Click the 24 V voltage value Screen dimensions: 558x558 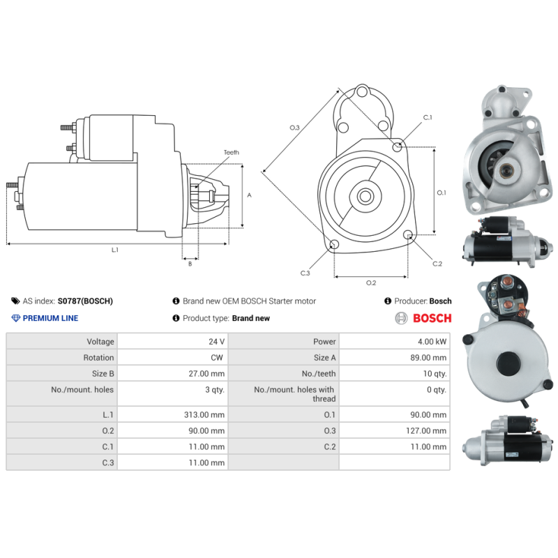click(217, 342)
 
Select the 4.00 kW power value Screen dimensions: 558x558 click(432, 342)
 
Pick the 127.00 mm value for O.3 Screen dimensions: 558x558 click(427, 431)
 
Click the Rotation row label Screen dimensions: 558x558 click(98, 358)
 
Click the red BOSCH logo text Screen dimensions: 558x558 click(432, 318)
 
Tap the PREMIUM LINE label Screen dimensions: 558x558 click(50, 318)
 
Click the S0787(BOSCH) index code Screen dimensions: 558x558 click(84, 301)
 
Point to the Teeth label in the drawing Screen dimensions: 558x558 click(231, 152)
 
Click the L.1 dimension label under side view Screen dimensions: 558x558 click(115, 250)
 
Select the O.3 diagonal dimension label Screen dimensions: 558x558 click(294, 128)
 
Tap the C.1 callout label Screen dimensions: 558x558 click(427, 117)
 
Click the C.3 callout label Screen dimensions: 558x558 click(305, 273)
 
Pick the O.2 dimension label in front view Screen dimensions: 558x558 click(371, 282)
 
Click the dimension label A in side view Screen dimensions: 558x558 click(249, 195)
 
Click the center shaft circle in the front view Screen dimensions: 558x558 click(365, 196)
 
